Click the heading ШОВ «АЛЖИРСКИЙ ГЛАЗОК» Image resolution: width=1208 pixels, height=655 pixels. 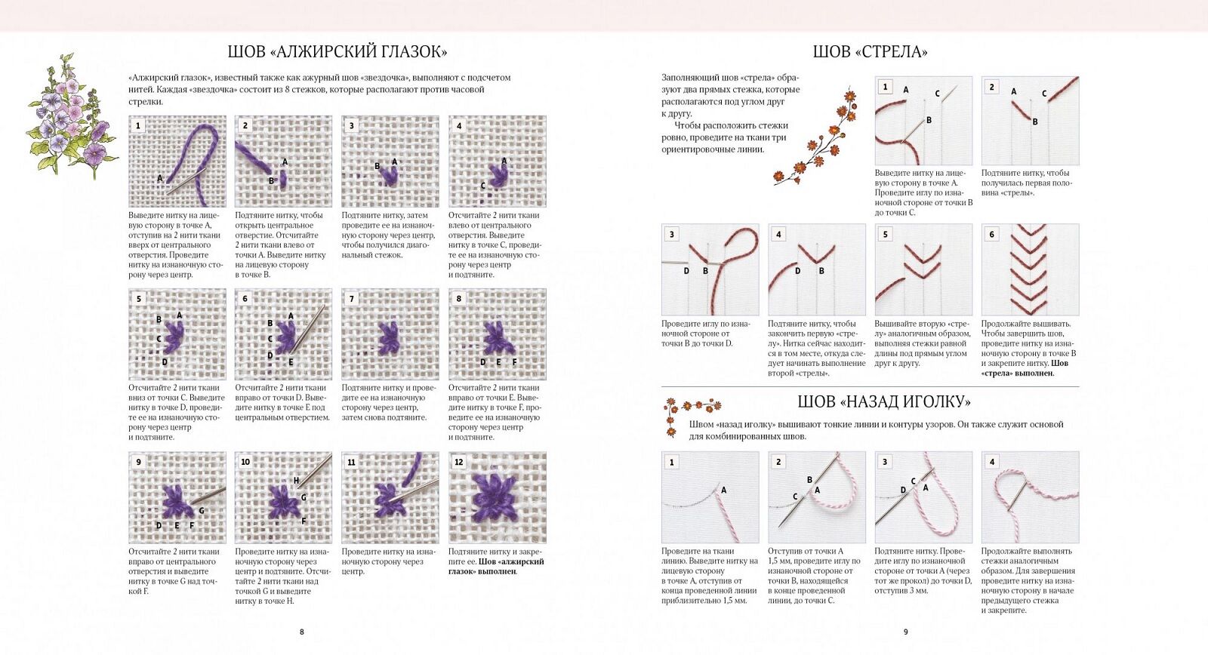[x=337, y=52]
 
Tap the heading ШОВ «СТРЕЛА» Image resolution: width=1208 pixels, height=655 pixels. [x=870, y=52]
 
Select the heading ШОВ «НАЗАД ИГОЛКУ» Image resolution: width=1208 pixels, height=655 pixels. [x=884, y=401]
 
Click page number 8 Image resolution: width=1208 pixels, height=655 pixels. [x=302, y=632]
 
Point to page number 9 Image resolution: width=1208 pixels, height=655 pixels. [x=906, y=632]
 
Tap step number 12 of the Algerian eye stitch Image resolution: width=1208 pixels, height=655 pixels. [x=459, y=462]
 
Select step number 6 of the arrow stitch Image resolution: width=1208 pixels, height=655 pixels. [x=992, y=234]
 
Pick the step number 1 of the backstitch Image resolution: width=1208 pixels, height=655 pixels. [x=672, y=462]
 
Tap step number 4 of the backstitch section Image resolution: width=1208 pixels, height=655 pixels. [x=992, y=462]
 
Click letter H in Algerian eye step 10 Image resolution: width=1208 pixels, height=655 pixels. [x=297, y=481]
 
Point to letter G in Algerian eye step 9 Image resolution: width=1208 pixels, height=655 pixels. [x=202, y=511]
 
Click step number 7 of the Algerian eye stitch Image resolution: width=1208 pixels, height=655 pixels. [x=352, y=299]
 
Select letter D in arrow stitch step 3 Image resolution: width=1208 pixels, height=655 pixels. [x=686, y=271]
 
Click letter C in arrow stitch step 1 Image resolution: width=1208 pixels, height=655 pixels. [x=937, y=94]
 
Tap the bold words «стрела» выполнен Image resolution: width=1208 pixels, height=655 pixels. [x=1018, y=373]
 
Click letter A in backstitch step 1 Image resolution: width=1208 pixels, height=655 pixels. [x=723, y=490]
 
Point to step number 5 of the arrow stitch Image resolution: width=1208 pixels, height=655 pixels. [x=886, y=234]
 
